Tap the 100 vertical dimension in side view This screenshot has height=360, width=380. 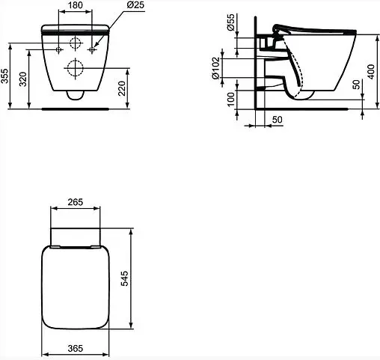[x=231, y=97]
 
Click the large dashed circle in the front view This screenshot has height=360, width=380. [x=75, y=70]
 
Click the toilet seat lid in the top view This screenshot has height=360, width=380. [x=74, y=288]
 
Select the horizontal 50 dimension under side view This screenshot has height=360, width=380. [x=276, y=119]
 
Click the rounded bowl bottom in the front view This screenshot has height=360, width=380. [x=75, y=94]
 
